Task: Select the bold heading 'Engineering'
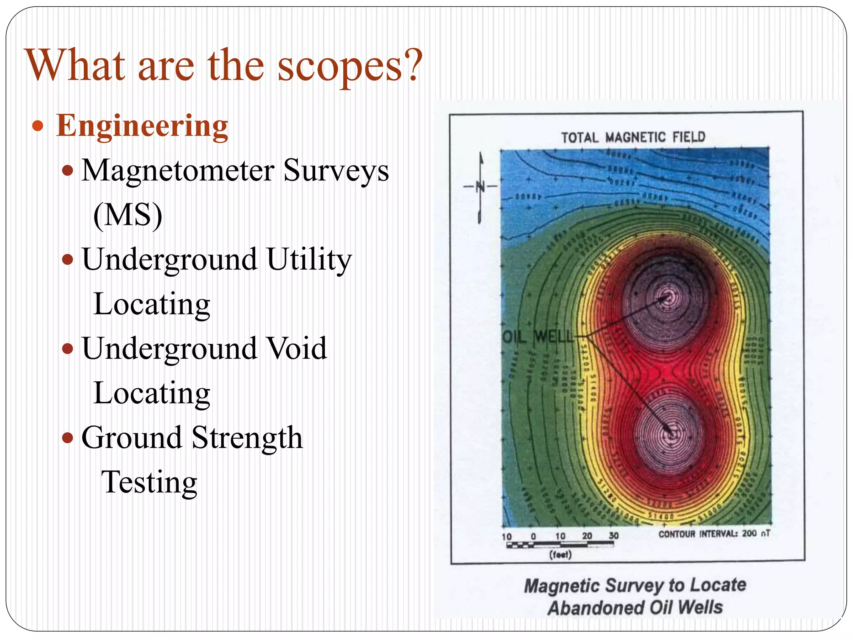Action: point(142,126)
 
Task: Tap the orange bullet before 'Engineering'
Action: point(38,125)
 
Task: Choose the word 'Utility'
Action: point(309,260)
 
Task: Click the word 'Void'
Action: point(297,348)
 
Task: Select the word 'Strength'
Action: point(247,437)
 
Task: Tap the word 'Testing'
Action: point(149,482)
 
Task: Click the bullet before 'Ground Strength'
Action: point(67,437)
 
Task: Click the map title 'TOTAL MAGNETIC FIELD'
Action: point(633,137)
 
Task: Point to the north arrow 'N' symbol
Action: point(481,186)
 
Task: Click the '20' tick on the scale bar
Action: point(587,536)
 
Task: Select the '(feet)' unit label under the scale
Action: point(560,555)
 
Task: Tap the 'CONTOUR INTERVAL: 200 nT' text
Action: point(714,534)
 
